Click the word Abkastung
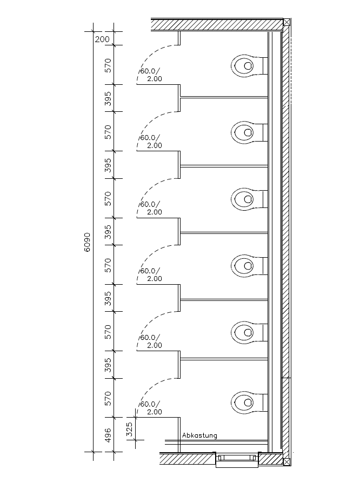199,435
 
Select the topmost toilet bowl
246,65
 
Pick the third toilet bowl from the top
246,199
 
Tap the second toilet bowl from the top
246,132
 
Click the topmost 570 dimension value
108,65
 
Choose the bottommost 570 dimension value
108,398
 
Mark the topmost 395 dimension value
108,98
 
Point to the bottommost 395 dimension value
108,365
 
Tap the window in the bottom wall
237,459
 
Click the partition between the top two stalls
224,97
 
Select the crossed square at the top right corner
287,23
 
